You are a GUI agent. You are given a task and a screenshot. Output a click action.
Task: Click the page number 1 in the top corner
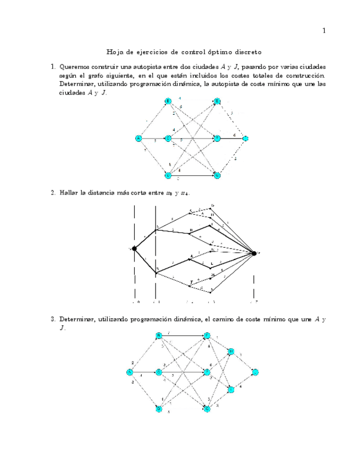click(324, 31)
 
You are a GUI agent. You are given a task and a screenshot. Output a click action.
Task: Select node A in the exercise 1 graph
click(139, 138)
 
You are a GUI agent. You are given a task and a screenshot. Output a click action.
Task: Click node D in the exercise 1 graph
click(169, 175)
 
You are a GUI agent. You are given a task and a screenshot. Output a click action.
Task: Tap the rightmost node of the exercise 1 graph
click(245, 138)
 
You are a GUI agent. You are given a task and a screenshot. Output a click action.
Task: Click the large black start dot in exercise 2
click(135, 249)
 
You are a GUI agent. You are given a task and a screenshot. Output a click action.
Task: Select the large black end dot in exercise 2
click(254, 253)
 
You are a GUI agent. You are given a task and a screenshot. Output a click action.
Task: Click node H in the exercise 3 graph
click(231, 351)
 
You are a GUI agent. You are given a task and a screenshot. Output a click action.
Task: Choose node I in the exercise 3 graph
click(231, 389)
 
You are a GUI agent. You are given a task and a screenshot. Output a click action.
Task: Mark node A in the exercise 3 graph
click(130, 372)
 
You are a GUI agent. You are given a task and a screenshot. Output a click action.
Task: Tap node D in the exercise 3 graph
click(158, 409)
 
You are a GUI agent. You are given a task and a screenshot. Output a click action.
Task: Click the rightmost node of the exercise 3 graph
click(255, 372)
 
